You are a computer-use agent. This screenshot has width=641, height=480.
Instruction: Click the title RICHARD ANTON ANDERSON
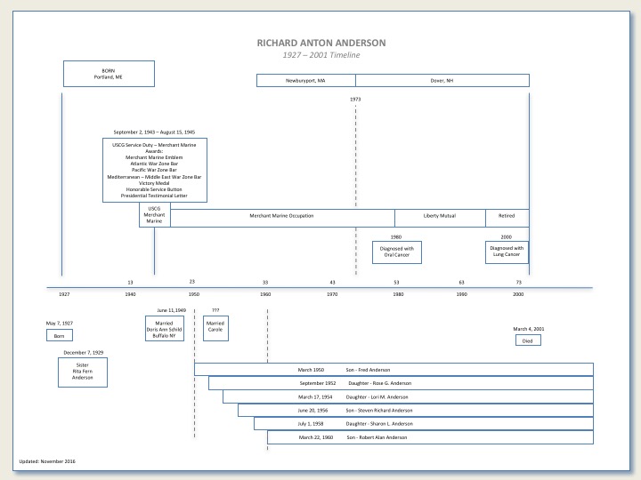tap(320, 43)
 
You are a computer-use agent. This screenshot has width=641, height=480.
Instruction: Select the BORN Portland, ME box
tap(109, 74)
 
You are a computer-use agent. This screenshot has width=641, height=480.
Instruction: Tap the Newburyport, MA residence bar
tap(305, 81)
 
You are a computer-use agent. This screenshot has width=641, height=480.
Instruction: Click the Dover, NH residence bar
tap(442, 81)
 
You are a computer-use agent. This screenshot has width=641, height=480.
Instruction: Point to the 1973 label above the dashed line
tap(355, 99)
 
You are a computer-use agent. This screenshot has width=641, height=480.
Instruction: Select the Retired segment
tap(507, 216)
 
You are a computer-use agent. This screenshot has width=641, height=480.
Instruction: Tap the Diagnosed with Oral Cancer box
tap(397, 252)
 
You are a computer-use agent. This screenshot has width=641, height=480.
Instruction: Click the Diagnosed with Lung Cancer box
tap(507, 252)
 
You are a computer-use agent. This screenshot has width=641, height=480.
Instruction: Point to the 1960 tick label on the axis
tap(264, 294)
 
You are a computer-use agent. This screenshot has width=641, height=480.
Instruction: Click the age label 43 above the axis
tap(332, 282)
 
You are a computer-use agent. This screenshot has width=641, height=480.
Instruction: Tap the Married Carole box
tap(215, 326)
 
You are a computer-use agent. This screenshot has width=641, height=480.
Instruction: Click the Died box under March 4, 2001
tap(528, 340)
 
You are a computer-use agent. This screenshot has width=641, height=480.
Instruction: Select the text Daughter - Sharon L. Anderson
tap(375, 424)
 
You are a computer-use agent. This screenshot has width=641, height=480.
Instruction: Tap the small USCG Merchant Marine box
tap(154, 216)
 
